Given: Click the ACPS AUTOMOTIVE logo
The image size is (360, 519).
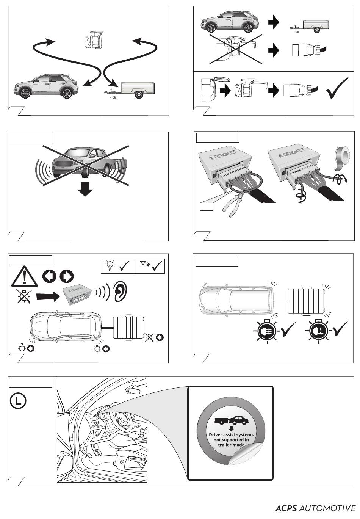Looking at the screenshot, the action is coord(315,508).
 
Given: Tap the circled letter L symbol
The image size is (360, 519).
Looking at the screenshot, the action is coord(18,401).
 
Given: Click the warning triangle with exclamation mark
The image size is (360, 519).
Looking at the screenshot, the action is coord(24,276).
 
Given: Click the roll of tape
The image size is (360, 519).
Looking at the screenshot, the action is coord(342,157).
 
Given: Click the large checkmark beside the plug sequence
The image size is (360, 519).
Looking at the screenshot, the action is coord(337,88).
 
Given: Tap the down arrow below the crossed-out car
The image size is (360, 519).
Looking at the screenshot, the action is coord(85,189).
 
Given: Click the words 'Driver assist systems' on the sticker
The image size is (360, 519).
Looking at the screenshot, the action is coord(231,435).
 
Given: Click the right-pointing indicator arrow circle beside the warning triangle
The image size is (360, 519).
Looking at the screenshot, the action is coord(67,276).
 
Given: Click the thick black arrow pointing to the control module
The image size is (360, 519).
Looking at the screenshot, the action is coord(48,296).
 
